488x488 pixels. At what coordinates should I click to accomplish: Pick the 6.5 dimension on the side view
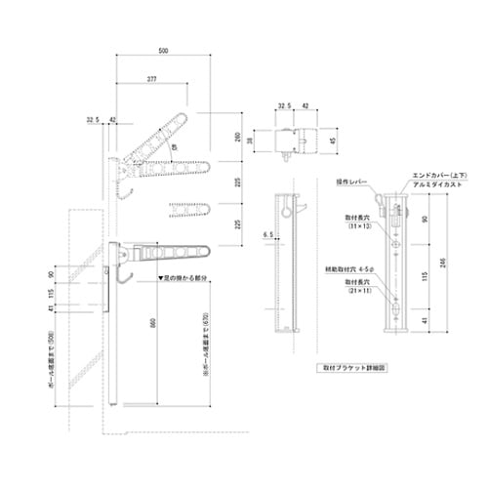coord(266,235)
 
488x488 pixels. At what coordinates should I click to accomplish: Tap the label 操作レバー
coord(349,182)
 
